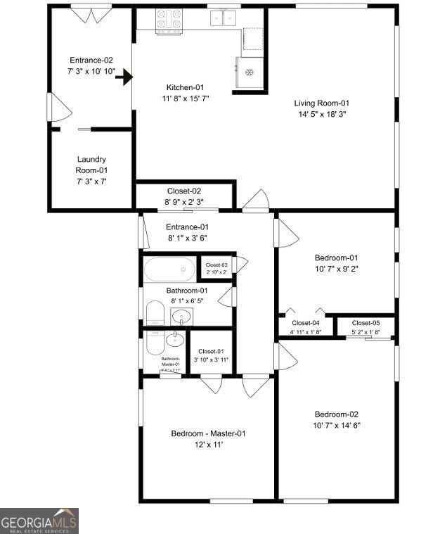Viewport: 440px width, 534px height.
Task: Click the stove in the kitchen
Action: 169,21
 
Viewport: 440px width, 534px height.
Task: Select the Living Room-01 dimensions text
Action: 321,114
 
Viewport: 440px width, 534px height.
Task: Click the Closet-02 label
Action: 184,191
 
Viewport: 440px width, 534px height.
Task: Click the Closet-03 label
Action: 216,265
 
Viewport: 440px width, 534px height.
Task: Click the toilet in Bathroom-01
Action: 155,312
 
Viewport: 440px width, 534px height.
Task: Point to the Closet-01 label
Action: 211,352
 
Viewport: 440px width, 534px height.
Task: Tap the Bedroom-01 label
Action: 336,258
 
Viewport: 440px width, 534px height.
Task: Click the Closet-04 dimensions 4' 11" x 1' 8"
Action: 305,331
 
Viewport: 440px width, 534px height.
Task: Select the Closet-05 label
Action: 365,323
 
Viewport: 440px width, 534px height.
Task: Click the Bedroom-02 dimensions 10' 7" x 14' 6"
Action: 337,425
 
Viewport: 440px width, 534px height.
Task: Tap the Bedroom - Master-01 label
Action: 208,433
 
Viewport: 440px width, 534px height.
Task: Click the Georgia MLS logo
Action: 39,521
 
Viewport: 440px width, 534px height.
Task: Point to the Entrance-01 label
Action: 187,227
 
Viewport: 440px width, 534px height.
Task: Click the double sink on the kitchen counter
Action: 225,20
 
